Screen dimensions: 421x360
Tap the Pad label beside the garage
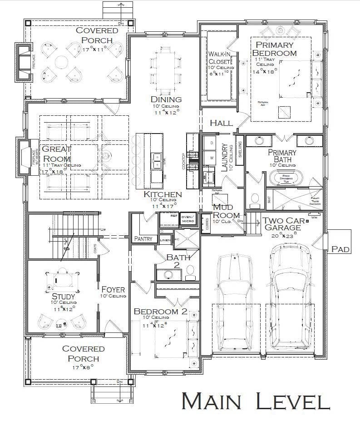340,249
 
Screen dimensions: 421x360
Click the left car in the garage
235,302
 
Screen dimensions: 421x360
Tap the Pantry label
143,238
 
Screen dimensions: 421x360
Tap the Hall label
221,123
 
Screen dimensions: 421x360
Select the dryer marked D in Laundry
211,143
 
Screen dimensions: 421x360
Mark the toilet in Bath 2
190,272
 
